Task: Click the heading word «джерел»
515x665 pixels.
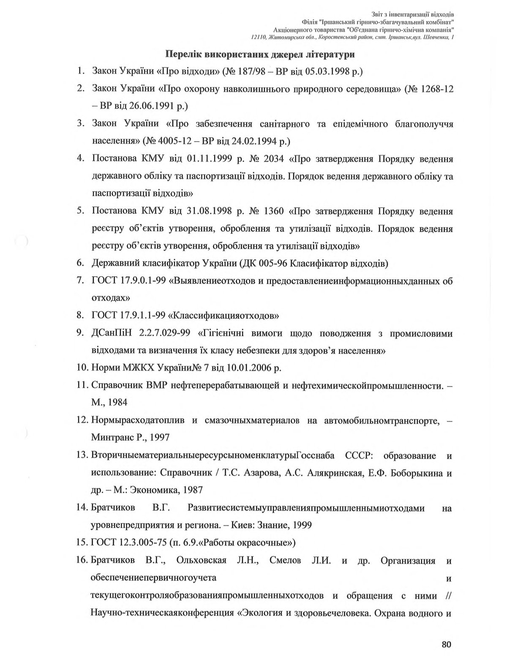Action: click(292, 54)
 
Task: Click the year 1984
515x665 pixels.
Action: click(117, 402)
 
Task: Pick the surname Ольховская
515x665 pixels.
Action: click(202, 561)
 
